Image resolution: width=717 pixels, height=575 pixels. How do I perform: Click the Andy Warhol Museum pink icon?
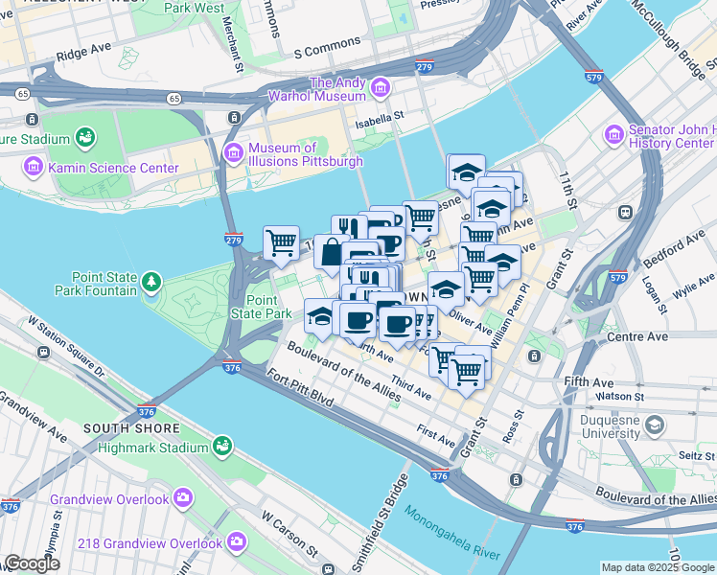pyautogui.click(x=381, y=89)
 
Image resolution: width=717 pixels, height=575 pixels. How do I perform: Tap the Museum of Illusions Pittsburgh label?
pyautogui.click(x=305, y=154)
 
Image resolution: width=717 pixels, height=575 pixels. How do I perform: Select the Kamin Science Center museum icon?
pyautogui.click(x=33, y=169)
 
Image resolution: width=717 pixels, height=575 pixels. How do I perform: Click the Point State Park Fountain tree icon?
pyautogui.click(x=151, y=281)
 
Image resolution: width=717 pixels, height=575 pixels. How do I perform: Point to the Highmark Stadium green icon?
pyautogui.click(x=223, y=448)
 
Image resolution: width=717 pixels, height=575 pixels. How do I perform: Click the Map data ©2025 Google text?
pyautogui.click(x=658, y=567)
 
